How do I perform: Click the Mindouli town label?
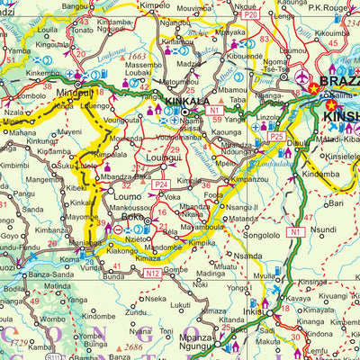tap(74, 92)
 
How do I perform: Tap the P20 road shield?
tap(250, 15)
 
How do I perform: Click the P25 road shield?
tap(276, 136)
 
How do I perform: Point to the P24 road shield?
tap(161, 184)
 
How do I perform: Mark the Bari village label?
tap(335, 204)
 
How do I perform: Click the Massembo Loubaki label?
tap(144, 71)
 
